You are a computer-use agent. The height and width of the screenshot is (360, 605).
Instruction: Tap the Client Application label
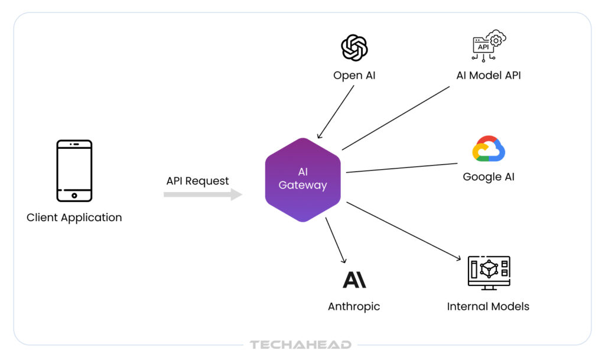click(x=74, y=218)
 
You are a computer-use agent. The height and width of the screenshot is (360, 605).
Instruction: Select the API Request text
click(x=197, y=181)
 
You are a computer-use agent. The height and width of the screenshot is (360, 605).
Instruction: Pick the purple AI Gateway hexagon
click(x=302, y=180)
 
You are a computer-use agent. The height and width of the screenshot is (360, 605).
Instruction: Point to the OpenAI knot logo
click(x=354, y=48)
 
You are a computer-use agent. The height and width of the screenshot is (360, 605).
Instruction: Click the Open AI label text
click(x=354, y=76)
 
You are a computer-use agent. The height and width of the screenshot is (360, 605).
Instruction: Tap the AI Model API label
click(x=489, y=76)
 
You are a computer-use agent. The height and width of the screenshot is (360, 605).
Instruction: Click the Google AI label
click(x=489, y=177)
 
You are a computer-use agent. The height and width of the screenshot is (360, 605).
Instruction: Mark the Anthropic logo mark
click(x=354, y=278)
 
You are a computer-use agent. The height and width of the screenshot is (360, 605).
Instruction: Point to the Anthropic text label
click(x=354, y=307)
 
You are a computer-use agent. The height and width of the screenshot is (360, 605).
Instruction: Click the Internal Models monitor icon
click(x=489, y=273)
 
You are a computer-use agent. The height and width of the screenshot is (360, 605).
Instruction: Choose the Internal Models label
click(x=488, y=307)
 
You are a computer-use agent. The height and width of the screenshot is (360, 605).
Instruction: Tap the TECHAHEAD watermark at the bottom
click(x=301, y=345)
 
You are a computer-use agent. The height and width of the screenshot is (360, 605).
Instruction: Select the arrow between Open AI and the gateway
click(x=337, y=112)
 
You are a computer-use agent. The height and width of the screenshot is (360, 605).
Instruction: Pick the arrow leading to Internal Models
click(x=403, y=231)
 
